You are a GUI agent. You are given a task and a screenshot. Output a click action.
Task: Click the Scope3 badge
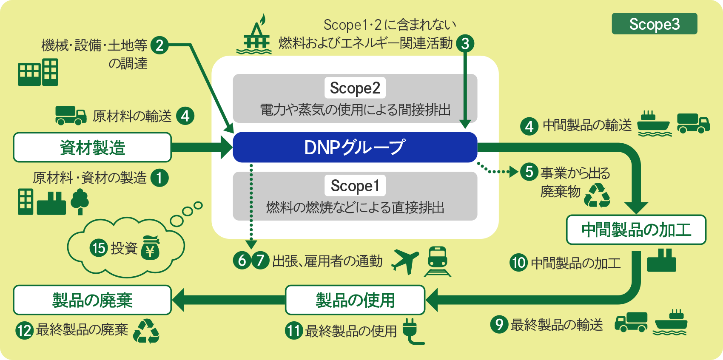click(x=654, y=24)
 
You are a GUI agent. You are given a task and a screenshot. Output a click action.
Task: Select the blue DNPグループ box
click(x=355, y=147)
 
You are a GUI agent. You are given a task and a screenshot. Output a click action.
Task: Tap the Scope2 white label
click(x=355, y=88)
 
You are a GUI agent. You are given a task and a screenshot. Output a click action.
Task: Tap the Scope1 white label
click(x=355, y=186)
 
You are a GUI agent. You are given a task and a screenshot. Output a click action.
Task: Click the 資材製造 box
click(x=92, y=147)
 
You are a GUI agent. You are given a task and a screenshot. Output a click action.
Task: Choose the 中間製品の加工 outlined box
click(x=636, y=230)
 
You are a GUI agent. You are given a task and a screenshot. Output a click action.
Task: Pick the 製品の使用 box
click(x=355, y=300)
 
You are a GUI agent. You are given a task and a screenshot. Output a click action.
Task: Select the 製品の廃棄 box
click(x=92, y=300)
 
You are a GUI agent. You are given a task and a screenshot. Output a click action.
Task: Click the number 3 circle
click(x=465, y=43)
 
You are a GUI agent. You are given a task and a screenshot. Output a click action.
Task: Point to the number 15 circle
click(x=99, y=248)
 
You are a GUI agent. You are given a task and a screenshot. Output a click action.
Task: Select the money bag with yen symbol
click(x=150, y=248)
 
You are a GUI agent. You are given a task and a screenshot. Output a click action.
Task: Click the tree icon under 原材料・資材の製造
click(x=80, y=201)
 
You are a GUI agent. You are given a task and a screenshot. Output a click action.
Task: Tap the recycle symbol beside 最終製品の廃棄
click(x=146, y=331)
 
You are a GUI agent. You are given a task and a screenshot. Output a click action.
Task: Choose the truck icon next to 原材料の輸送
click(x=71, y=115)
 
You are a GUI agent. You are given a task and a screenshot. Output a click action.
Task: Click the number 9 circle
click(x=499, y=324)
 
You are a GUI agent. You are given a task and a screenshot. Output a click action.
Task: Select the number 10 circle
click(x=518, y=263)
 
